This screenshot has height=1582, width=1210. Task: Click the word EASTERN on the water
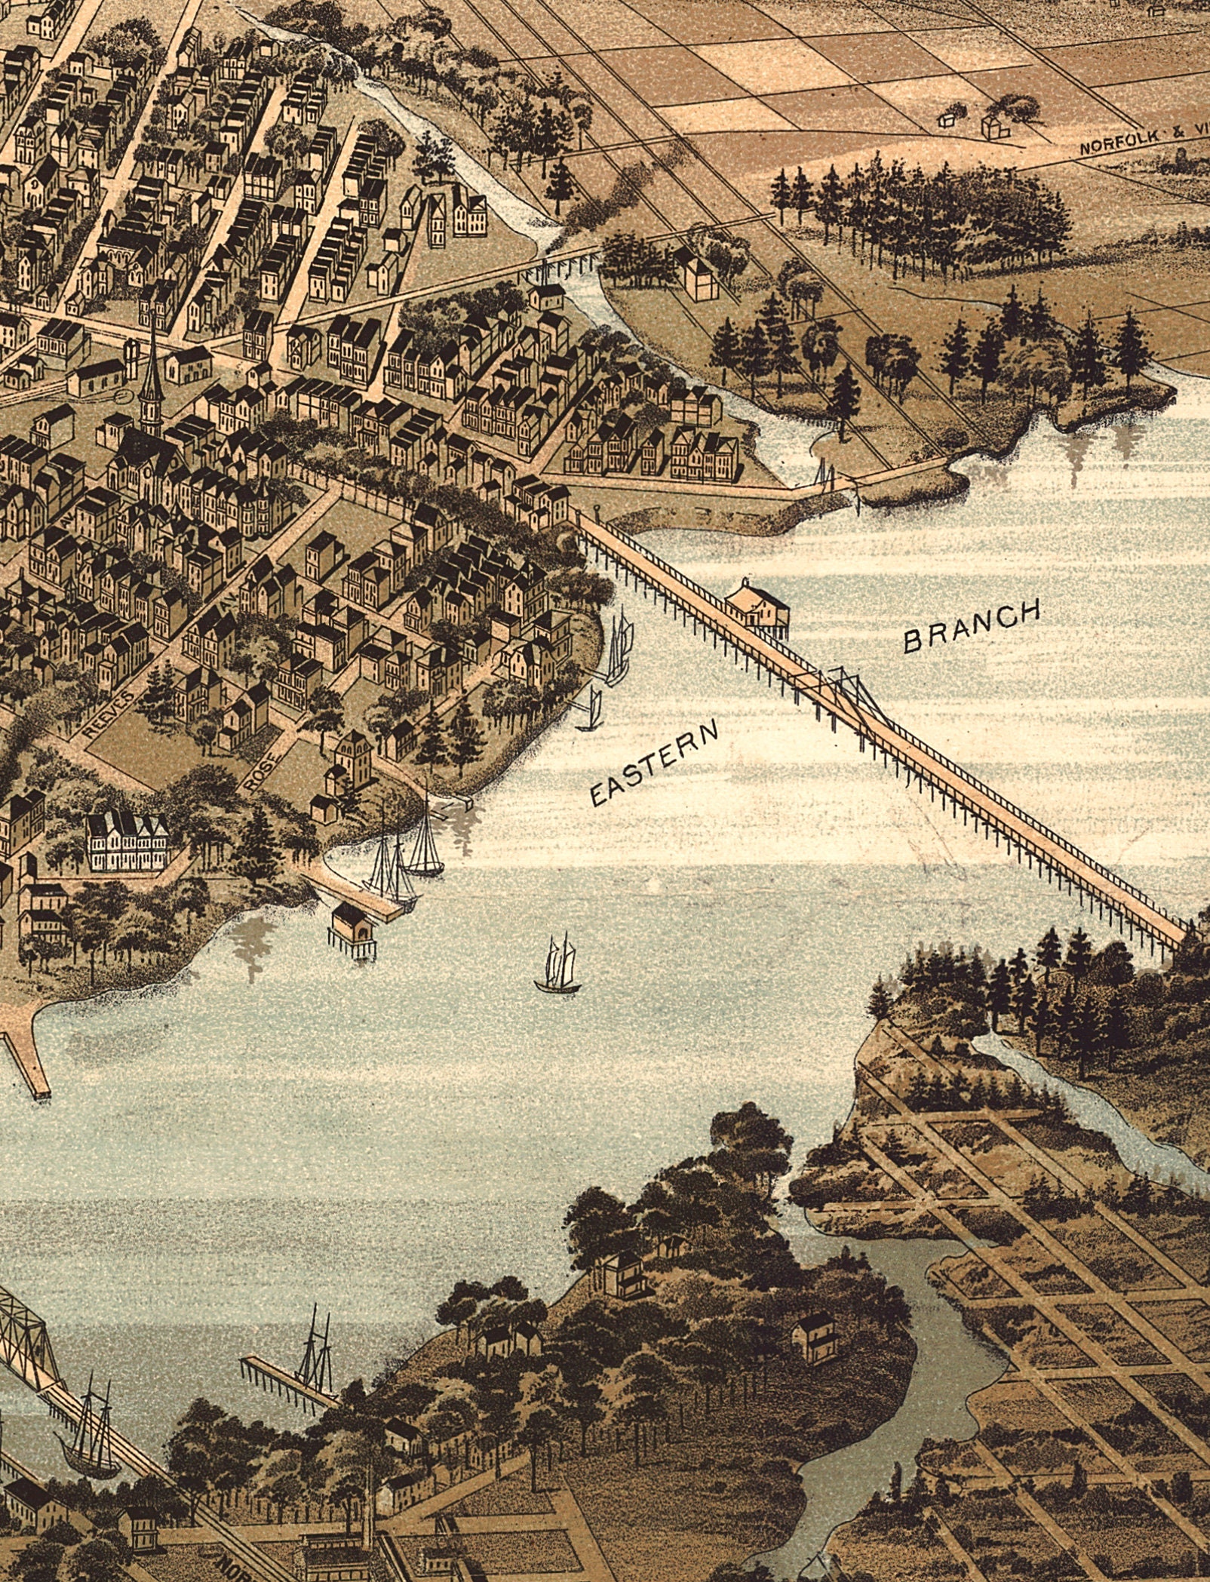point(653,763)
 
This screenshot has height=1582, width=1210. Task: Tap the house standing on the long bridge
point(754,601)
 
